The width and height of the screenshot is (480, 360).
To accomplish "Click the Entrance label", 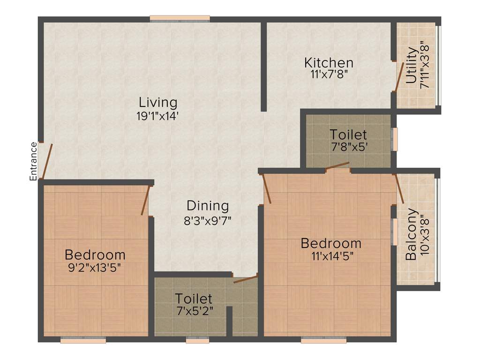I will click(33, 161).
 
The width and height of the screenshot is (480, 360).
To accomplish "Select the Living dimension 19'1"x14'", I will click(158, 116).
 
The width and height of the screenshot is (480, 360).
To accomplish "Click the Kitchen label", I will click(329, 62).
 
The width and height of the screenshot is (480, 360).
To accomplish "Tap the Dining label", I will click(208, 206).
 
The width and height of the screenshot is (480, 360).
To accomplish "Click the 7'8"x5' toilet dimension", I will click(348, 146).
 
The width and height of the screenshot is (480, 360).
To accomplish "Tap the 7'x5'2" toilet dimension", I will click(194, 310).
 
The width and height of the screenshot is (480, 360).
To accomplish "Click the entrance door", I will click(47, 160).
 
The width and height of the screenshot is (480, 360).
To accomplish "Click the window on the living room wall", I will click(180, 19).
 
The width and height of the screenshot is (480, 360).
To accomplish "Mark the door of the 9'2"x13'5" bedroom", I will click(146, 200).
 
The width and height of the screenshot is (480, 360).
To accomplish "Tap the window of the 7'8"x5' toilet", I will click(395, 139).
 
